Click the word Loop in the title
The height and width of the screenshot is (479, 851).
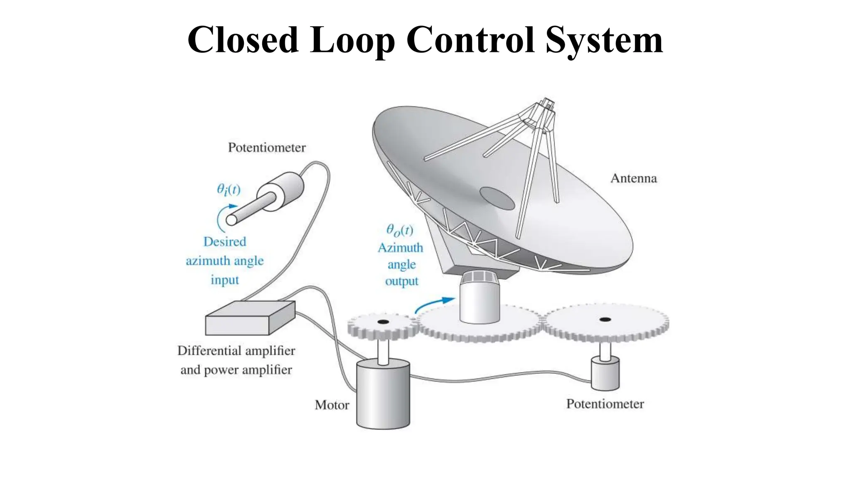pos(352,40)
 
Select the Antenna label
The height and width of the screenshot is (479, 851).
pos(633,178)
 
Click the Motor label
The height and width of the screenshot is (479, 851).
pos(332,405)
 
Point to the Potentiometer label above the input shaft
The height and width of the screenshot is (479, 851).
pos(267,148)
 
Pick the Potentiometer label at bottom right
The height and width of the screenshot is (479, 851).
pos(605,404)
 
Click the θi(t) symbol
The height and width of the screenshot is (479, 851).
pos(229,190)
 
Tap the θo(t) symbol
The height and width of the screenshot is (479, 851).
pos(400,230)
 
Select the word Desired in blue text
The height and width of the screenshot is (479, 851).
pos(224,242)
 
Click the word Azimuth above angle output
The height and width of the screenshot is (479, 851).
pos(400,248)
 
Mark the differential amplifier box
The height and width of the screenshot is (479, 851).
pos(250,318)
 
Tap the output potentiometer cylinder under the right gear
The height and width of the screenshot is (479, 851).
pos(605,374)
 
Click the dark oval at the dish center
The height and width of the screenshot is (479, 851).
pos(497,198)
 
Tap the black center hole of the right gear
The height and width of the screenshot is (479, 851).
pos(605,319)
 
